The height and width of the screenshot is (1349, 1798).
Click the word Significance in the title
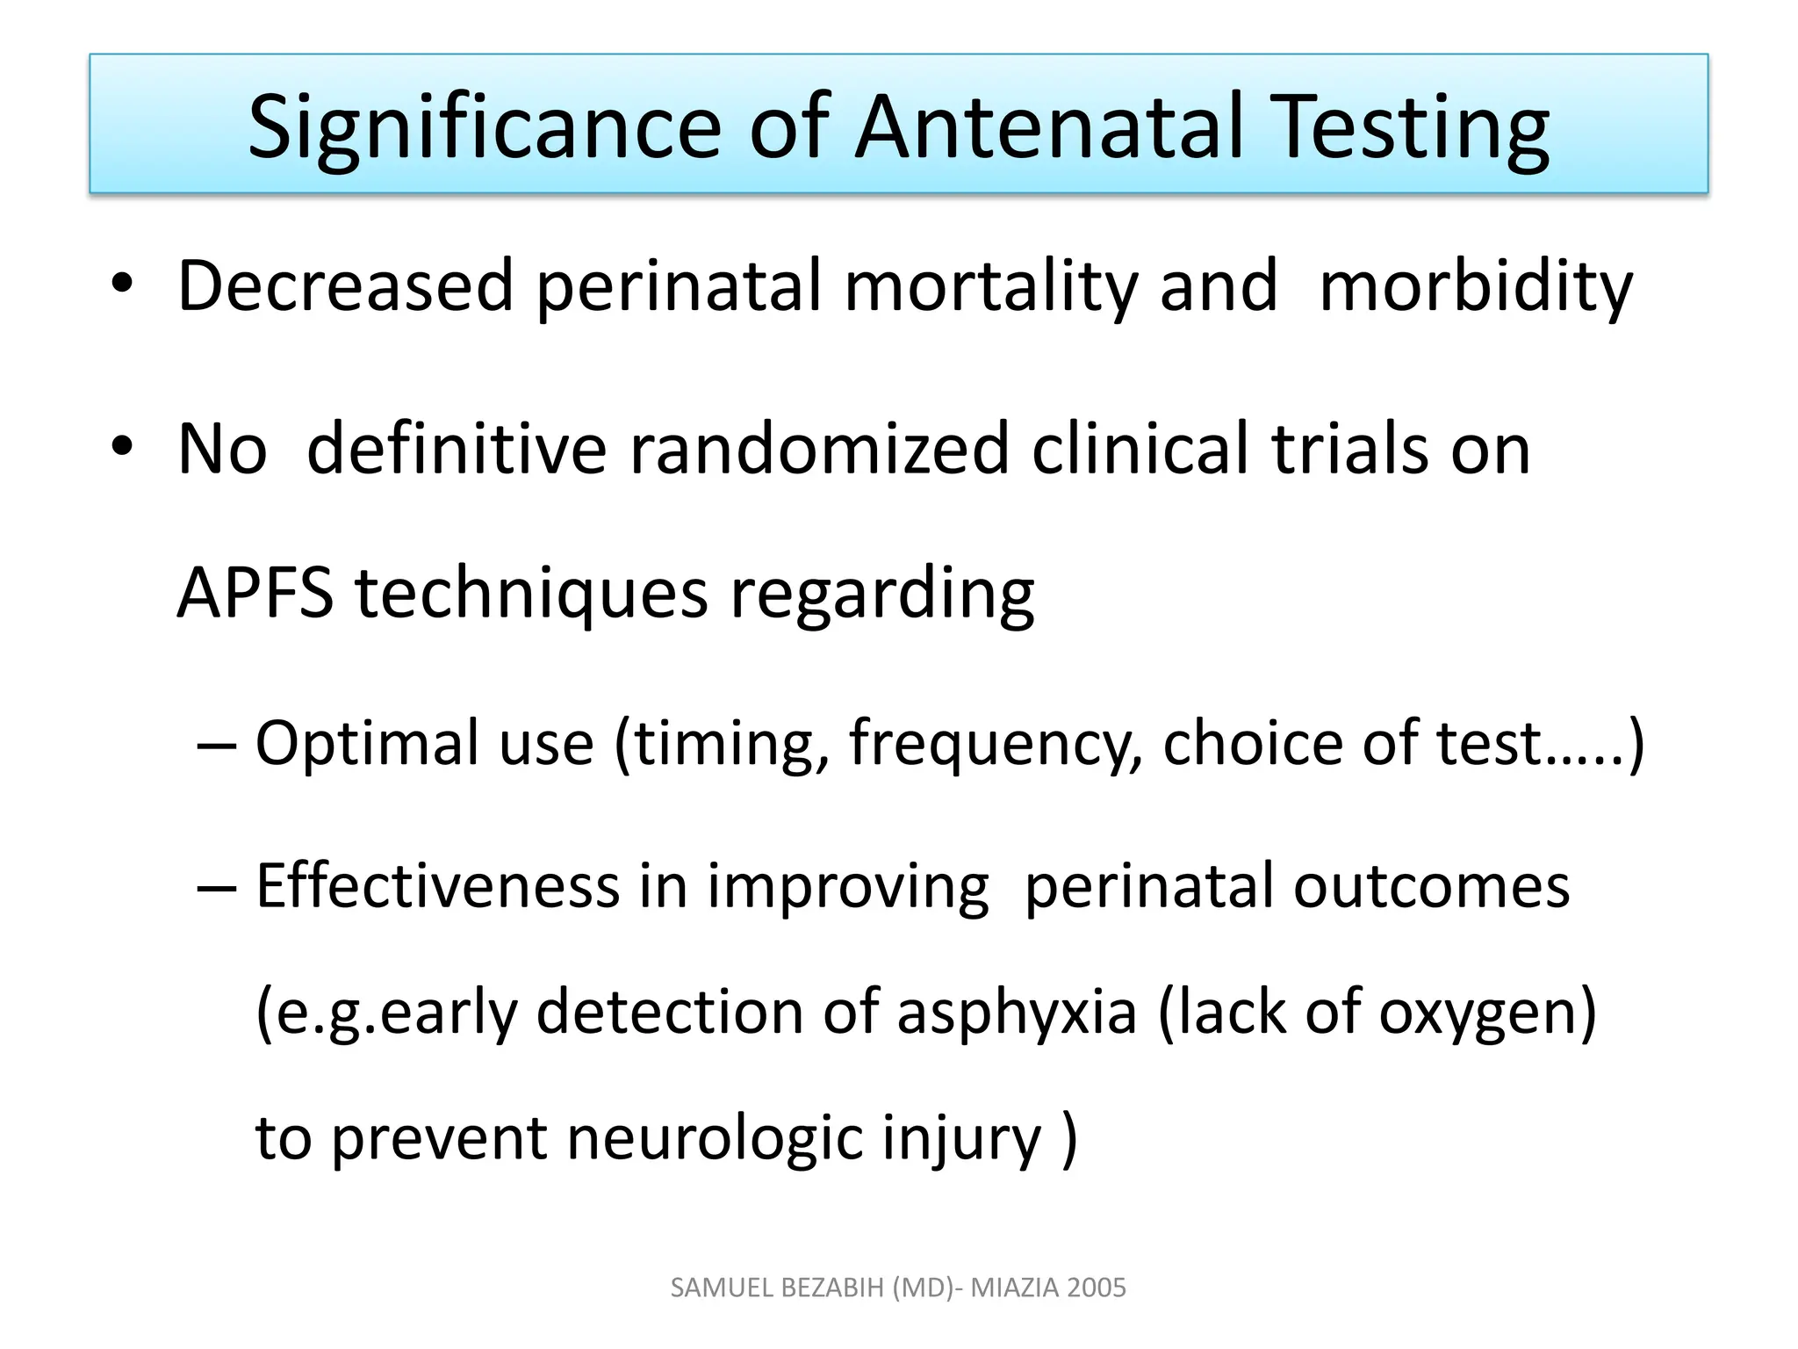[485, 128]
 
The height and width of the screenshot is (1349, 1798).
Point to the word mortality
[990, 287]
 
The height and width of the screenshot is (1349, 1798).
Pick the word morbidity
[1475, 287]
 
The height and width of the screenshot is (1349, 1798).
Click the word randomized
[819, 449]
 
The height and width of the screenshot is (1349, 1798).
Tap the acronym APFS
[255, 594]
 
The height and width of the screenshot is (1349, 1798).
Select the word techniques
[531, 595]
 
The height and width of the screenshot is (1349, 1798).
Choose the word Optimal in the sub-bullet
[367, 743]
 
